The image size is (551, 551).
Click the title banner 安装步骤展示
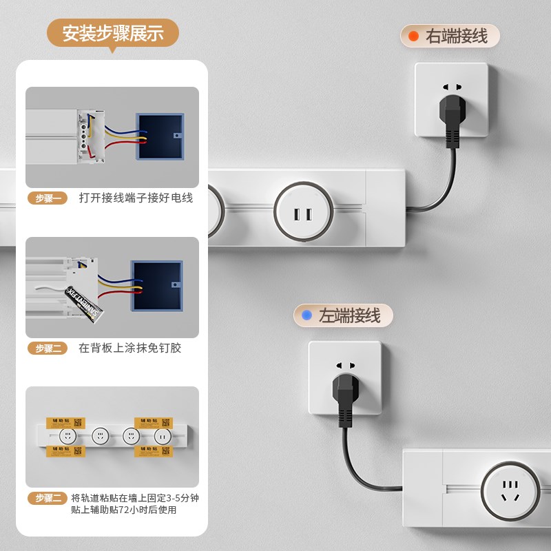(113, 33)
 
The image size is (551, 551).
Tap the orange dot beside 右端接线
(413, 37)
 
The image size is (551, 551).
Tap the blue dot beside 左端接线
(306, 316)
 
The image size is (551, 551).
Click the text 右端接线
(457, 37)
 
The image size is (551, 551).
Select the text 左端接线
(349, 316)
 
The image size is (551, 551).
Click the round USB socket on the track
(303, 214)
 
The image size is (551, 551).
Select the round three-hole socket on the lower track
(510, 491)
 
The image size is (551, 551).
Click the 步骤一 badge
(48, 198)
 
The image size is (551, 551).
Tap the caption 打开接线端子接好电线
(136, 198)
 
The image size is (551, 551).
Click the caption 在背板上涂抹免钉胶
(129, 348)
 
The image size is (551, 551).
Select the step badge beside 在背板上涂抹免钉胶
(48, 348)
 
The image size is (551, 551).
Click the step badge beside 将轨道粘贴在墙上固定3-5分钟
(48, 498)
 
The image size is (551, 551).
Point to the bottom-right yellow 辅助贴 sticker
(153, 451)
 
